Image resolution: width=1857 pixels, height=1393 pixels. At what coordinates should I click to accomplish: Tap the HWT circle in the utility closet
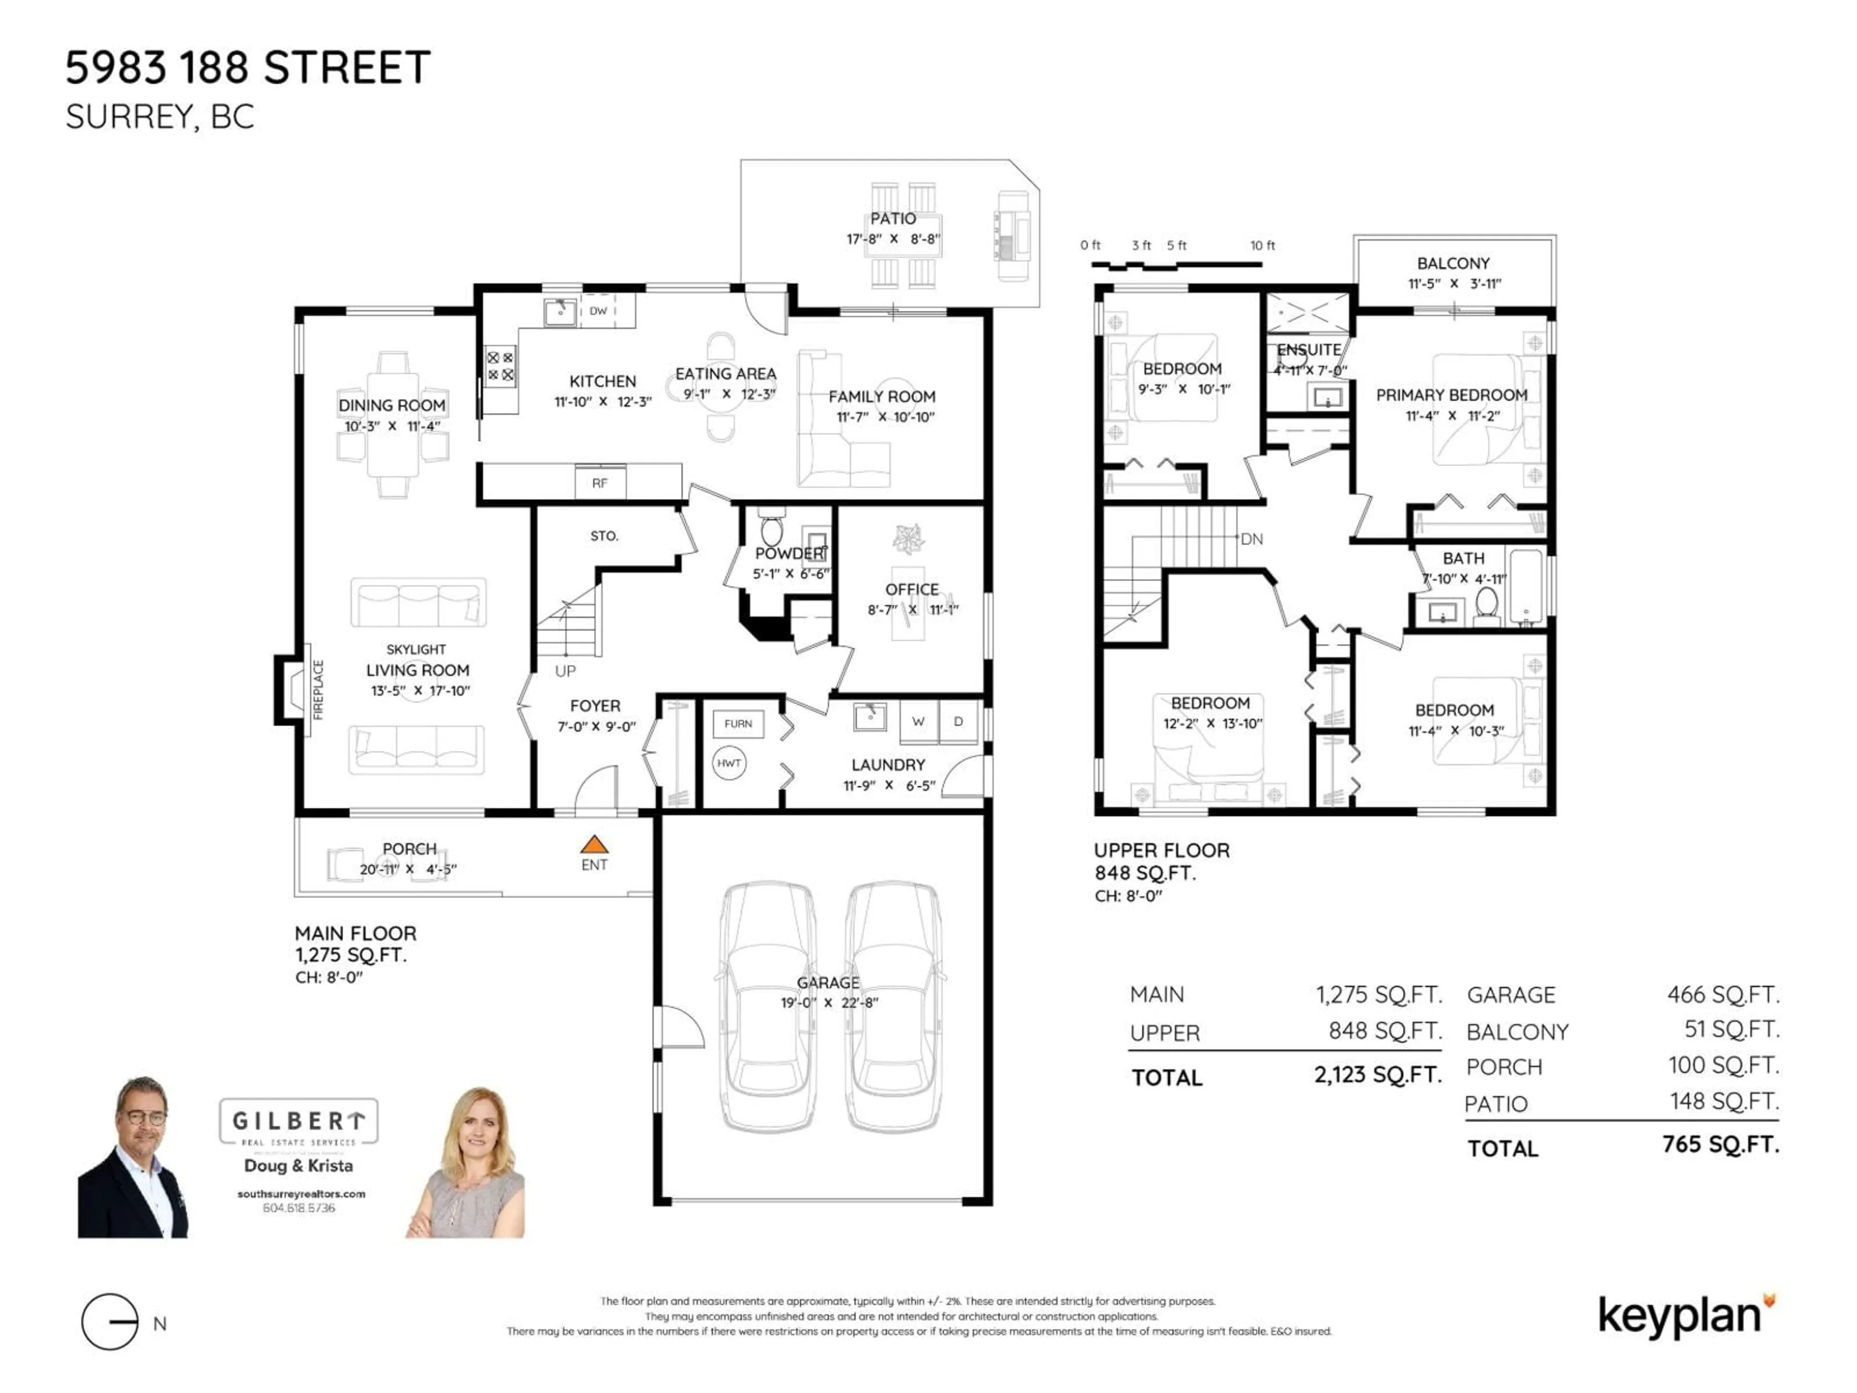click(729, 763)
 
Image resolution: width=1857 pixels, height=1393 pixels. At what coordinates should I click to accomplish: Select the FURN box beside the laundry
click(738, 724)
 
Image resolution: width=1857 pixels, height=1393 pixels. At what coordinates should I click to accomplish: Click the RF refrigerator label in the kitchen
click(599, 484)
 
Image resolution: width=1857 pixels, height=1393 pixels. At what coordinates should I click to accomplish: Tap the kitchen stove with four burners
click(501, 367)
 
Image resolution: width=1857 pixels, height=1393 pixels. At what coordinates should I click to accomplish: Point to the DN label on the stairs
click(1252, 539)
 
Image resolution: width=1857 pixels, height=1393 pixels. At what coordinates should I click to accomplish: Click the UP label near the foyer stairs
click(565, 671)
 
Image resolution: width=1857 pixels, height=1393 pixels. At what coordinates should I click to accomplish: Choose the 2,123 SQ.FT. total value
click(1378, 1075)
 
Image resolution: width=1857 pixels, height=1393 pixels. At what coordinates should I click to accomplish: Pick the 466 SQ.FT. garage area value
click(1723, 995)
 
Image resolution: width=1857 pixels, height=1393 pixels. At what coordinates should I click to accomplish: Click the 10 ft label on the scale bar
click(1262, 245)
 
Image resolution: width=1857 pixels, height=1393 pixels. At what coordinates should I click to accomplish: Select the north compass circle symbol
click(110, 1321)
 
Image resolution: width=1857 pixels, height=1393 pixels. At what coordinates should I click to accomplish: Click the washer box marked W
click(918, 722)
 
